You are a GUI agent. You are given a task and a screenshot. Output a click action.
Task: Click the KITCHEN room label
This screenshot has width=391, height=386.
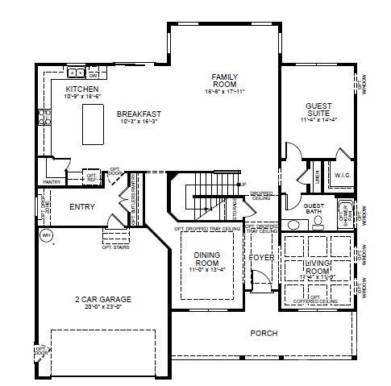tap(82, 89)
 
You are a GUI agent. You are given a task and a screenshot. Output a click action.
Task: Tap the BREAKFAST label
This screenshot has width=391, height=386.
tap(139, 114)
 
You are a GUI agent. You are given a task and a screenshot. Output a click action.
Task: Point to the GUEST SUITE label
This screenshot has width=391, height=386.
tap(318, 110)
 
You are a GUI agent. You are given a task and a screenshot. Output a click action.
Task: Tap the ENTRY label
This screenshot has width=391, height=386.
tap(82, 207)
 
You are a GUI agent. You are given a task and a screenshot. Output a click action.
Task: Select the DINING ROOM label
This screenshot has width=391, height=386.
tap(207, 259)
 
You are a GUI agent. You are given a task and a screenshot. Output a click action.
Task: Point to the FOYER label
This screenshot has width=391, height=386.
tap(261, 258)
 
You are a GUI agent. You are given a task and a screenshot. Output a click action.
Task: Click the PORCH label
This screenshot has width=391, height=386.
tap(264, 332)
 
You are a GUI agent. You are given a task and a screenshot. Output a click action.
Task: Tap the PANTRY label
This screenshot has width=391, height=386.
tap(52, 182)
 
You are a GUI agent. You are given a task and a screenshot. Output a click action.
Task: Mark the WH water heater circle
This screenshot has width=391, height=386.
tap(47, 236)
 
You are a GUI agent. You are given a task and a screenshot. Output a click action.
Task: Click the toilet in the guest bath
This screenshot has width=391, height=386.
tap(318, 220)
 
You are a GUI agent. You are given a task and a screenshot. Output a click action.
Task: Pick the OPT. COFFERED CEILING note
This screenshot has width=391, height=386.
tap(320, 300)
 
